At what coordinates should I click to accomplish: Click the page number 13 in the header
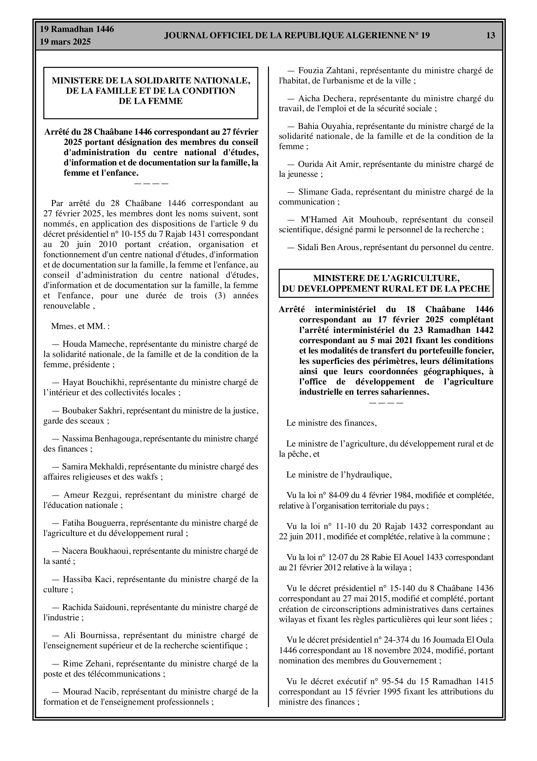tap(490, 36)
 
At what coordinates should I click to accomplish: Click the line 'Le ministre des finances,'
tap(332, 423)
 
